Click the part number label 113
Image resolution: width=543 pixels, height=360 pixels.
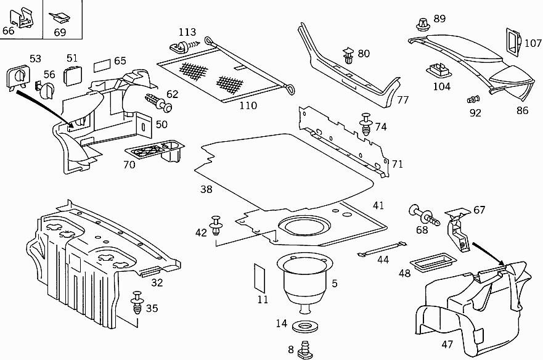(x=187, y=32)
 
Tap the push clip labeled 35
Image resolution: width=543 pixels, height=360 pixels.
(x=137, y=305)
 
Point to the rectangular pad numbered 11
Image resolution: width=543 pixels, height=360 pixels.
(x=259, y=277)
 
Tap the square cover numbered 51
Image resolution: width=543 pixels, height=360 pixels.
(x=73, y=75)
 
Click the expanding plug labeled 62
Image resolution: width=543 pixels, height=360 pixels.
(x=159, y=102)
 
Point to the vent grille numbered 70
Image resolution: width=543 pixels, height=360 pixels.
(x=154, y=151)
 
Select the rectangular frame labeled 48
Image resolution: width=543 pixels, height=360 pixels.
(x=431, y=260)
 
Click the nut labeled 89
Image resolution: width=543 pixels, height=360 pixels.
(x=422, y=25)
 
